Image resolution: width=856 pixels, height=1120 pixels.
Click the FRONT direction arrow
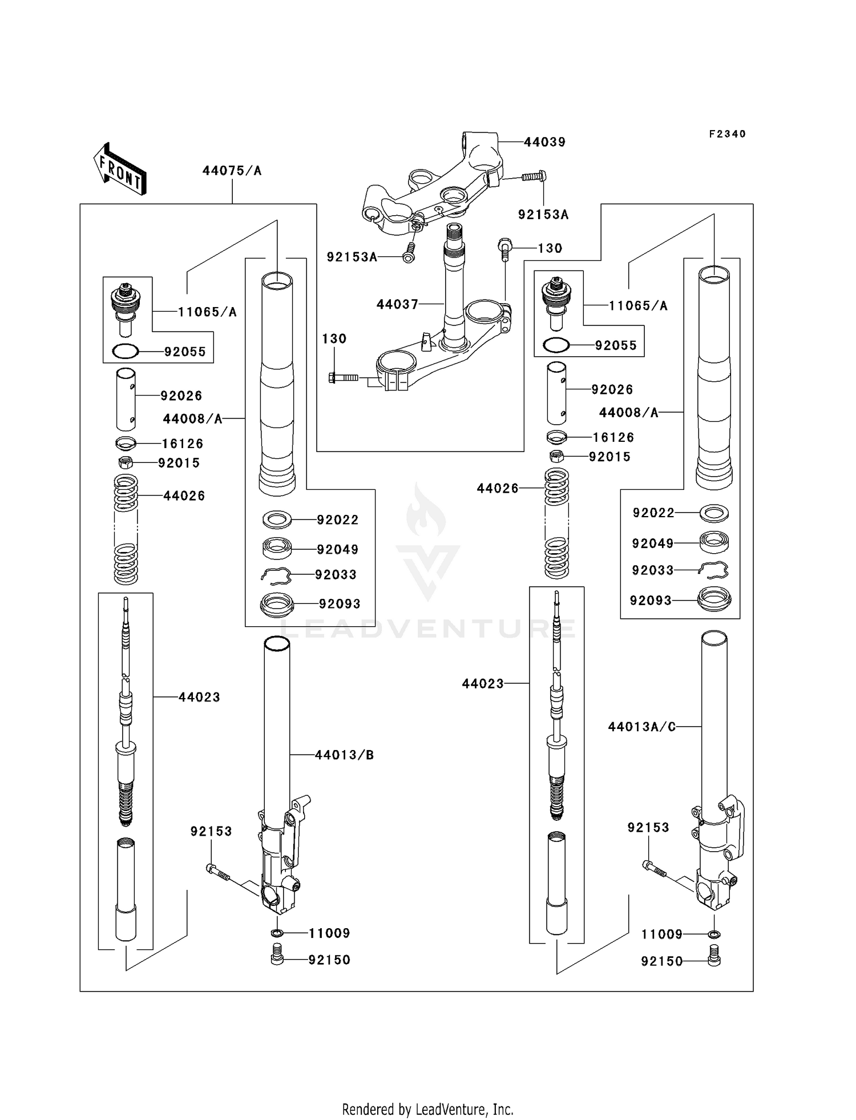(x=120, y=170)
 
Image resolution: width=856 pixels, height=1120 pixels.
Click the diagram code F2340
(x=727, y=134)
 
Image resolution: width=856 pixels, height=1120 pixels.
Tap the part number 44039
(x=544, y=142)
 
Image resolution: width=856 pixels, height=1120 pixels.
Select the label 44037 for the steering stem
(x=397, y=305)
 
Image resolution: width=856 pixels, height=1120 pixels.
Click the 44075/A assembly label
(x=232, y=171)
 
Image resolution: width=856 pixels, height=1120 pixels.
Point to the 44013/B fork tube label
(x=344, y=755)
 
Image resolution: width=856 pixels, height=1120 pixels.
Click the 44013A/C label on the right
(x=641, y=727)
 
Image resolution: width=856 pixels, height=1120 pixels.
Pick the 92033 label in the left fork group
(x=336, y=575)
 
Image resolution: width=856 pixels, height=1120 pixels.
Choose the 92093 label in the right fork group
(x=651, y=601)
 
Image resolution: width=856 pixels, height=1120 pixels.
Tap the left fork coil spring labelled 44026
(x=126, y=529)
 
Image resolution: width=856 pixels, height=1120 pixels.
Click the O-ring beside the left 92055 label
(x=126, y=352)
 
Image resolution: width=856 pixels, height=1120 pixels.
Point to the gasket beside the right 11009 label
(x=713, y=934)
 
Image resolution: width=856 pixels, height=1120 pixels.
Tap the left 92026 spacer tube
(x=126, y=399)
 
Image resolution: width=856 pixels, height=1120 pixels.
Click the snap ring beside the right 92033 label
(x=714, y=570)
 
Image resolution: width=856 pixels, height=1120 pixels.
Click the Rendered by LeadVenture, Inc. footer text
(x=427, y=1110)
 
